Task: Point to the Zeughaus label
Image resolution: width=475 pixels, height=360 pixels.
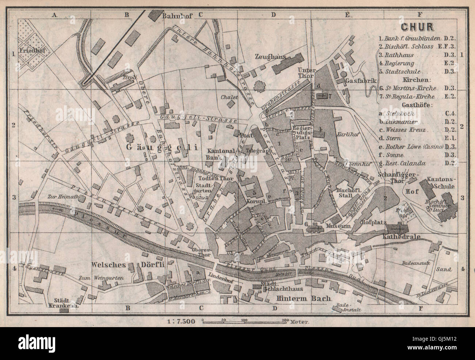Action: pos(269,56)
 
